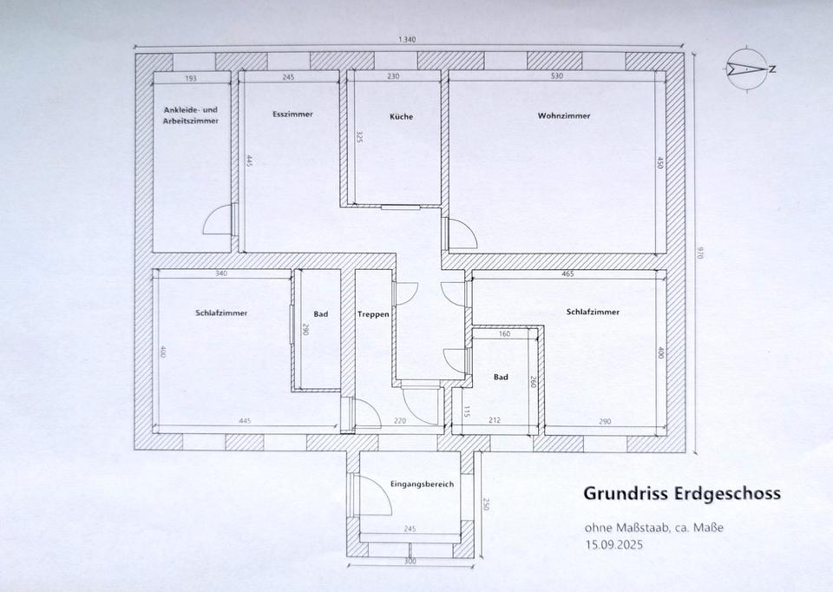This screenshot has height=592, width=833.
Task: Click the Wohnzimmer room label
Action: click(564, 115)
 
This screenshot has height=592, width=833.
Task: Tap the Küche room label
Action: click(401, 116)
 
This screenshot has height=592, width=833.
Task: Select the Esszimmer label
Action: click(292, 114)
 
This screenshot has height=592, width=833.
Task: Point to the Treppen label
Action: click(373, 314)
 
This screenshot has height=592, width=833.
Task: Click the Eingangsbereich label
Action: click(422, 484)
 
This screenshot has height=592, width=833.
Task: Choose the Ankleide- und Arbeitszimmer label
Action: click(191, 115)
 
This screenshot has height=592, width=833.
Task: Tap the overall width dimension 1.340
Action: click(406, 39)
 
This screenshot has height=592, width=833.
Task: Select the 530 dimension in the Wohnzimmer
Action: click(557, 76)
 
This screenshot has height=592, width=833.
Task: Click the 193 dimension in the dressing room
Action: click(191, 78)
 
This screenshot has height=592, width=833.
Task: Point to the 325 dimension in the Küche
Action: click(359, 138)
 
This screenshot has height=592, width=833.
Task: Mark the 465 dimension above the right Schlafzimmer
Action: click(567, 273)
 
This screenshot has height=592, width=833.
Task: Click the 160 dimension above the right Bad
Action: click(504, 333)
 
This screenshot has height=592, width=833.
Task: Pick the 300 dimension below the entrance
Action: click(410, 561)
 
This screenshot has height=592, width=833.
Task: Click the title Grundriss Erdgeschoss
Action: click(682, 494)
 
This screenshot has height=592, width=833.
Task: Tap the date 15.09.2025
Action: click(614, 545)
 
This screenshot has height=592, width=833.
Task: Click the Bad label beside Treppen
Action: click(320, 314)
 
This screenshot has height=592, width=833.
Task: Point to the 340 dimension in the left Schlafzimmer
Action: click(221, 273)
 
